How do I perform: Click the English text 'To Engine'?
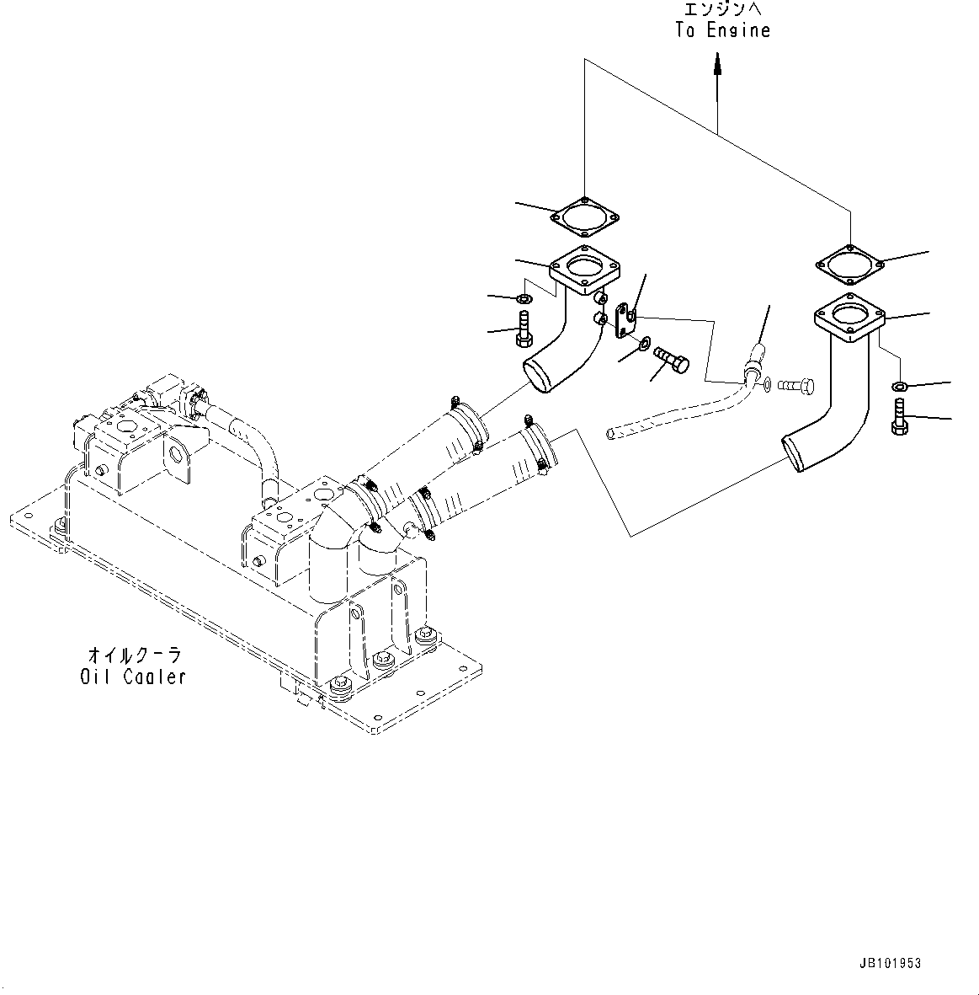[722, 31]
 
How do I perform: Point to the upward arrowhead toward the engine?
[717, 62]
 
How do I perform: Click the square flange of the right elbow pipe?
[851, 319]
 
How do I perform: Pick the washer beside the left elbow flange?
[522, 299]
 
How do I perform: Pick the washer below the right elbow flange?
[899, 387]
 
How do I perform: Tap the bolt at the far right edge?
[899, 417]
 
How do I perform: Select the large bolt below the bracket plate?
[670, 360]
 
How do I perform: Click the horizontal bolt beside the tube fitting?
[795, 386]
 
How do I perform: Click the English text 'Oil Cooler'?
[133, 677]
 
